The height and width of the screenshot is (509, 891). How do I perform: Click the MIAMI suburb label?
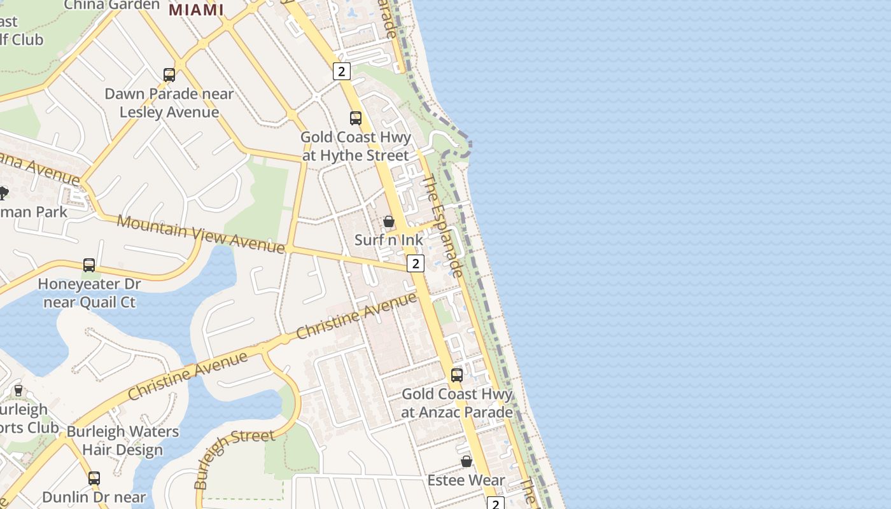(196, 10)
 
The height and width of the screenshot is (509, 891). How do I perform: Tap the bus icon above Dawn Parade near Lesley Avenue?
(169, 75)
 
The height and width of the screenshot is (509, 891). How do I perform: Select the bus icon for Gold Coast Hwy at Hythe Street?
(356, 118)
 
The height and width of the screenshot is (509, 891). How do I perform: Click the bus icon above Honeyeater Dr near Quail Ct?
(89, 265)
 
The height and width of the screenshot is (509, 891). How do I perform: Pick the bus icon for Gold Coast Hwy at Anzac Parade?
(457, 375)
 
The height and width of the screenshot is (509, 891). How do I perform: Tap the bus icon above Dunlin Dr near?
(94, 478)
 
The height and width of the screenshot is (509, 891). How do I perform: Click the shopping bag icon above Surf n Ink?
(388, 221)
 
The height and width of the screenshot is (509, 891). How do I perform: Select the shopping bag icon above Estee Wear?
(467, 461)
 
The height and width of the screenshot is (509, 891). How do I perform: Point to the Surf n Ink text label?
(389, 240)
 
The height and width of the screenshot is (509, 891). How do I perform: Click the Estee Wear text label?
(467, 480)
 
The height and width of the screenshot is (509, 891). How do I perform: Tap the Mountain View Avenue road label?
(201, 234)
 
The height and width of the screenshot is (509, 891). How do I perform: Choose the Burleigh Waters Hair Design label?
(123, 440)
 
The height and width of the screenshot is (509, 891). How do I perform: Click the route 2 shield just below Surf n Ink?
(416, 263)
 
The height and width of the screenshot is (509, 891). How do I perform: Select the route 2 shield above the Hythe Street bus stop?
(342, 71)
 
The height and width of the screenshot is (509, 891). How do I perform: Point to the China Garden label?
(112, 5)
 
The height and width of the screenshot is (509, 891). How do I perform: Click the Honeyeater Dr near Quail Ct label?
(89, 292)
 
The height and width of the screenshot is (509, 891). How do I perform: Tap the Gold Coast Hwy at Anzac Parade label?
(457, 403)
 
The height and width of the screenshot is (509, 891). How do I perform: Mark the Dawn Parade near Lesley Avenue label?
(169, 102)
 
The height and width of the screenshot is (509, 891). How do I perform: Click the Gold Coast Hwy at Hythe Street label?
(356, 146)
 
